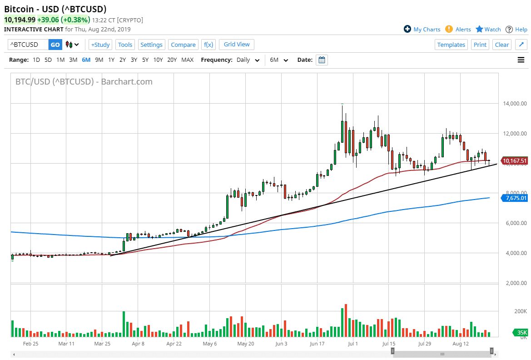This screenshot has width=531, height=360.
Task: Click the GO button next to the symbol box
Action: click(x=55, y=45)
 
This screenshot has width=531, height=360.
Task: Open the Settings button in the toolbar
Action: click(x=151, y=45)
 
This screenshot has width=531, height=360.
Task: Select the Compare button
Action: click(x=183, y=45)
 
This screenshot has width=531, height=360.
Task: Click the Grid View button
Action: click(x=237, y=44)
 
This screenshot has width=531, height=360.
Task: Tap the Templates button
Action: click(x=451, y=45)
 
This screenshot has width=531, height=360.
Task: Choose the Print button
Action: click(x=480, y=45)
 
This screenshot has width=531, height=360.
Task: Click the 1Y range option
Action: click(x=111, y=60)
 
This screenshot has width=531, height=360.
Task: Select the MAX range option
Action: click(x=187, y=60)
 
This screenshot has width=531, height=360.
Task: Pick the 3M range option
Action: click(x=73, y=60)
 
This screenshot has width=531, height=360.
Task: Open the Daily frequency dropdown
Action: click(x=248, y=60)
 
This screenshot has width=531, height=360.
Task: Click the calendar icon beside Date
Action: click(x=322, y=60)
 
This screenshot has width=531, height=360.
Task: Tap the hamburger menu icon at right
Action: click(x=521, y=60)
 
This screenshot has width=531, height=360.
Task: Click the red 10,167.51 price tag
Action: click(x=515, y=160)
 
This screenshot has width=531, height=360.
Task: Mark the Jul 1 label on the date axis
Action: click(x=353, y=344)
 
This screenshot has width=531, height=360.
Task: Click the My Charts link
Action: click(x=422, y=29)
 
